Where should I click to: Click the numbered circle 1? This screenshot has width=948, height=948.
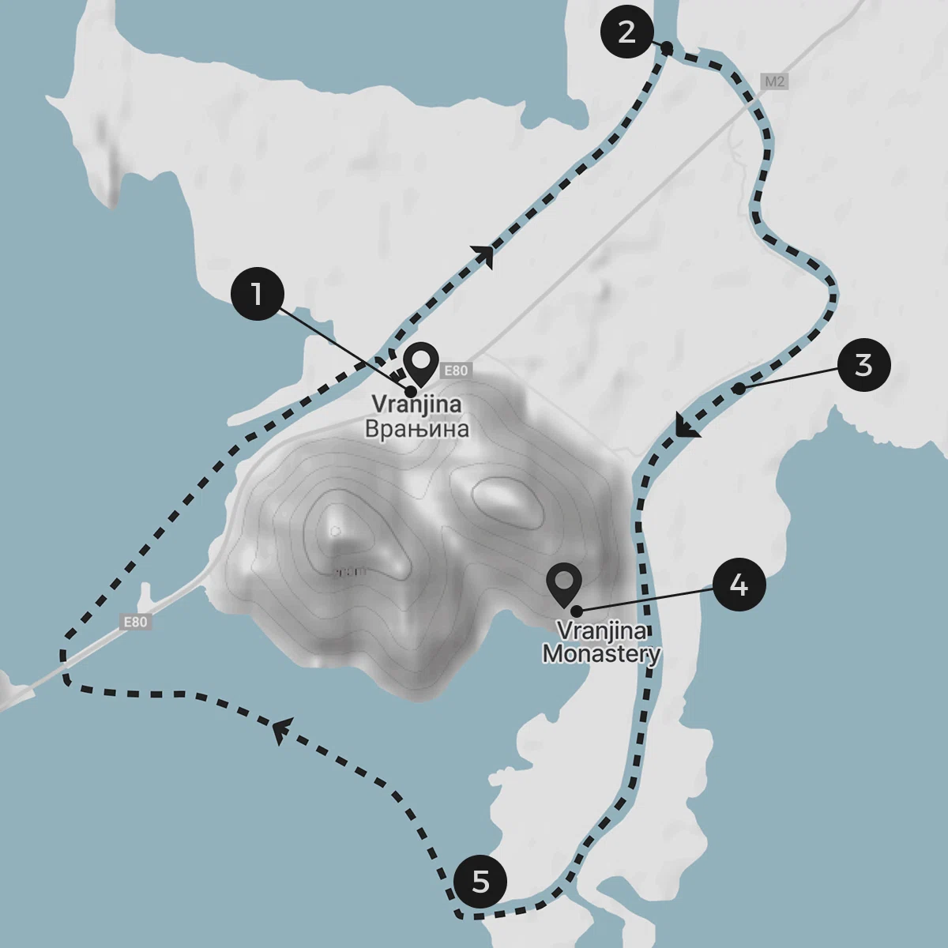coord(257,293)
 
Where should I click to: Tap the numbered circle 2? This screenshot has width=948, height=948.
coord(626,32)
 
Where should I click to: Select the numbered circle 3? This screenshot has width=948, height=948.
coord(863,365)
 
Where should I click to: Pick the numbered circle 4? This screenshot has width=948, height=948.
coord(739,585)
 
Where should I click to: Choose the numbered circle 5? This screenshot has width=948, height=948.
coord(480,881)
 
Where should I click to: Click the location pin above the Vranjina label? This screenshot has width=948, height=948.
coord(421,364)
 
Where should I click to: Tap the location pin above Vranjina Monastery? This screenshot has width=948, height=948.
coord(564,585)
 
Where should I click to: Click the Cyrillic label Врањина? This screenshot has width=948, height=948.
coord(416,429)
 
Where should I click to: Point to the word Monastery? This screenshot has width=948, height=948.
coord(601,654)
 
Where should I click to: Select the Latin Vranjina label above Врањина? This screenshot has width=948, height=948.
coord(416,404)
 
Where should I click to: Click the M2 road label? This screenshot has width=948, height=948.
coord(775,81)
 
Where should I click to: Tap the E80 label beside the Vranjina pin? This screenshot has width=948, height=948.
coord(456,370)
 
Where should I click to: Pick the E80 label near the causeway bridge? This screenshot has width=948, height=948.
coord(135,622)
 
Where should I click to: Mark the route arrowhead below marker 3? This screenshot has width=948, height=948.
coord(687,427)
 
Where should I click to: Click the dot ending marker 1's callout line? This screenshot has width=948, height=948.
coord(411,391)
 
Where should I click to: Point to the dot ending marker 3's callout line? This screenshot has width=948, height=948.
coord(737,389)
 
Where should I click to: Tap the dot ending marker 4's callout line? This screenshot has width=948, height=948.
coord(577,611)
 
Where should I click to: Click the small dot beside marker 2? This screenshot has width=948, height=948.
coord(667,49)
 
